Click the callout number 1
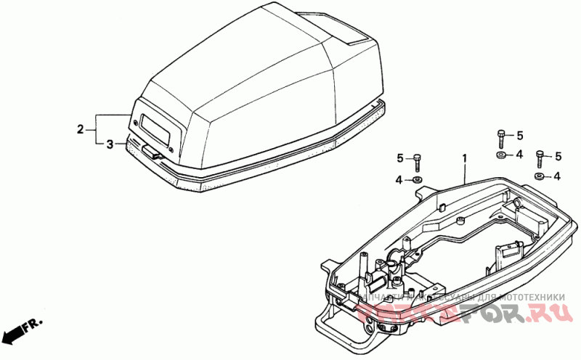coord(464,157)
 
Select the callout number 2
coord(81,130)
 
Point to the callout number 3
coord(110,144)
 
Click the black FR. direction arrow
coord(12,335)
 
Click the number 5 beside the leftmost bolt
coord(399,158)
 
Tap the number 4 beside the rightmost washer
coord(557,176)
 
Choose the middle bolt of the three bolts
coord(500,136)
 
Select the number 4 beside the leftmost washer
coord(399,179)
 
